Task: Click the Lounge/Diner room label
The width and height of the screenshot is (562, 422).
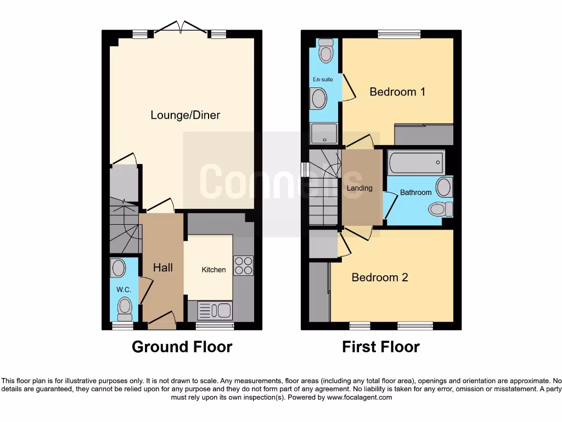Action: click(185, 115)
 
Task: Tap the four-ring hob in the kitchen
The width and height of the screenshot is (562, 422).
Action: click(243, 265)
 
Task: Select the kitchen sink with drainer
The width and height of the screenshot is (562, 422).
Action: click(215, 310)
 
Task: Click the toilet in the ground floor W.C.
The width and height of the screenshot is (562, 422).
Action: click(125, 308)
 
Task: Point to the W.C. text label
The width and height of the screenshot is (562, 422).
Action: click(122, 288)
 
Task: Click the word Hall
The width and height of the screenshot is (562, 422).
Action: click(162, 268)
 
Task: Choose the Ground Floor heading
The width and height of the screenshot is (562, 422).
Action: click(182, 347)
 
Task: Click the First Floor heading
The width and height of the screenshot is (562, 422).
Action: click(380, 347)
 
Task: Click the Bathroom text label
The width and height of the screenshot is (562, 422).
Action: click(415, 193)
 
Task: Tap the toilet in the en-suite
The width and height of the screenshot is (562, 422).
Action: click(326, 51)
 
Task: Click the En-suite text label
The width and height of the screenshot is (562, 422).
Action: click(323, 80)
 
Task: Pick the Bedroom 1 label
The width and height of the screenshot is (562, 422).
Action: click(397, 92)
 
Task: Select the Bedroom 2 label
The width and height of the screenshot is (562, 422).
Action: click(380, 277)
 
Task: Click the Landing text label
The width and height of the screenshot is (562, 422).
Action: click(359, 188)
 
